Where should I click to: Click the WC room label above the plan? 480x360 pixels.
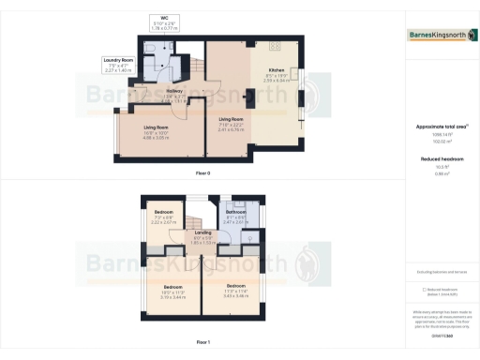click(x=164, y=18)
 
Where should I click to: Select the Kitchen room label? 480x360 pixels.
click(x=277, y=71)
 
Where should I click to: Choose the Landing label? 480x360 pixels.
click(x=203, y=232)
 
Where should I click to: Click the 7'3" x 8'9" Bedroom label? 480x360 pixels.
click(x=164, y=213)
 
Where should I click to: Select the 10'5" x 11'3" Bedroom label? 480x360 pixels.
click(x=173, y=286)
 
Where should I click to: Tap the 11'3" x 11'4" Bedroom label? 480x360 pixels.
click(x=235, y=286)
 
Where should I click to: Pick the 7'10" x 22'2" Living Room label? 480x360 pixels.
click(x=231, y=120)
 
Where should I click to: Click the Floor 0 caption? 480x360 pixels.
click(x=202, y=174)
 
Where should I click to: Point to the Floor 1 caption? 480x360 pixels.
click(x=202, y=344)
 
